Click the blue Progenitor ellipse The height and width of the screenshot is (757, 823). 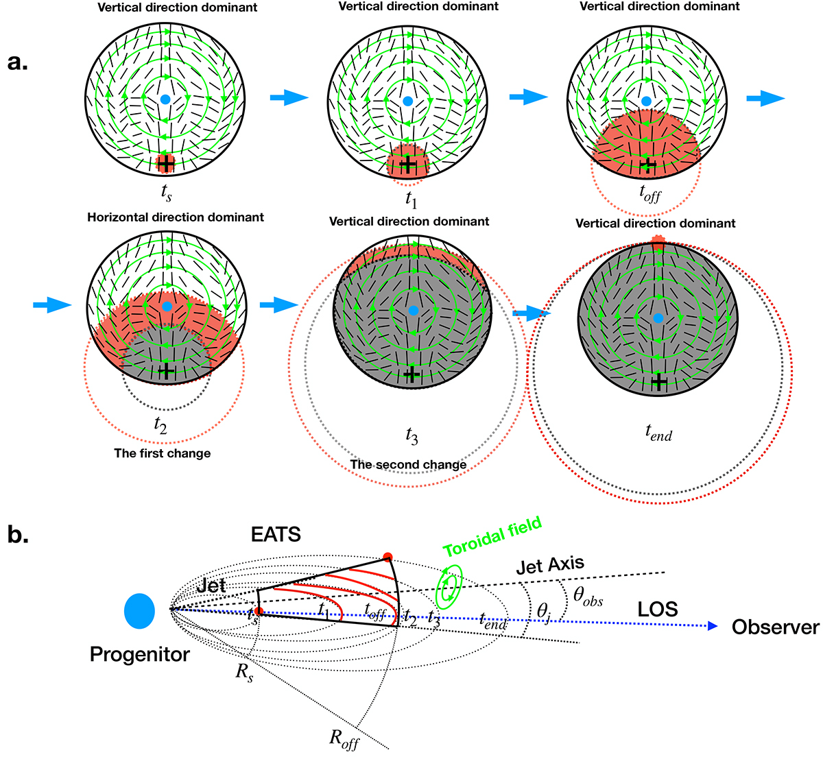pos(139,611)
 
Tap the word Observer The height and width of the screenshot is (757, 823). pos(776,627)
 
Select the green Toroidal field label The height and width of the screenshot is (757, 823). pos(492,537)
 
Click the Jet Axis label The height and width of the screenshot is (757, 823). pos(550,566)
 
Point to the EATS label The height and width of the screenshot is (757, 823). pos(276,535)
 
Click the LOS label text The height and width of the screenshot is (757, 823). pos(657,610)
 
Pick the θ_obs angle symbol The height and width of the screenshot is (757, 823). pos(588,596)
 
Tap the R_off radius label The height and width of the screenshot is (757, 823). pos(344,739)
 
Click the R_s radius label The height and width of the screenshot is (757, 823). pos(245,673)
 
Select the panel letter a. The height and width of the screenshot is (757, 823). pos(18,62)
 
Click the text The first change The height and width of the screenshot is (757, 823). pos(163,453)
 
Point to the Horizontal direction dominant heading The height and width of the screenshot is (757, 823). pos(175,217)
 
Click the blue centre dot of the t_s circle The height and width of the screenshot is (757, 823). pos(165,99)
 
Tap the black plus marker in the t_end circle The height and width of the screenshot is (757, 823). pos(659,382)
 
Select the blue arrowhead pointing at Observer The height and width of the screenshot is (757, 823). pos(712,626)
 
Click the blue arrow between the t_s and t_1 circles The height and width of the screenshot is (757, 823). pos(289,97)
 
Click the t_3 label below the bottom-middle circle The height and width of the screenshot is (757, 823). pos(412,436)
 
